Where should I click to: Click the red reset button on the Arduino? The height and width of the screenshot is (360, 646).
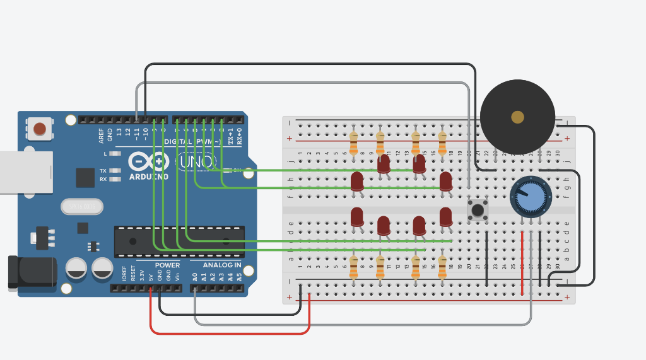[39, 129]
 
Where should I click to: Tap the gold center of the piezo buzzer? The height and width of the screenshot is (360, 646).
[517, 117]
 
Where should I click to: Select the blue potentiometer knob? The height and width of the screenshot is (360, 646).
[531, 197]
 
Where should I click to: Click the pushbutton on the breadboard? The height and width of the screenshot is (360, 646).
[478, 209]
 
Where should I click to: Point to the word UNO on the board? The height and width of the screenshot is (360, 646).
[196, 162]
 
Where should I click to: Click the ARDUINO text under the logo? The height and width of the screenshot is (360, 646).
[148, 177]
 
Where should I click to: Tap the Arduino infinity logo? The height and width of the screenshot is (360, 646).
[148, 162]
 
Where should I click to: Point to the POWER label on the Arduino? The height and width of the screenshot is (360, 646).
[167, 265]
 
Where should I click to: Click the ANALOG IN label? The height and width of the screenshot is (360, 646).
[221, 265]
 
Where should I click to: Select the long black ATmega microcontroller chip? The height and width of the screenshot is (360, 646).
[179, 241]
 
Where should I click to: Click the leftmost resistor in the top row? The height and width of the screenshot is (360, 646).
[353, 143]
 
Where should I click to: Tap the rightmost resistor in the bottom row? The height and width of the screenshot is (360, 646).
[442, 267]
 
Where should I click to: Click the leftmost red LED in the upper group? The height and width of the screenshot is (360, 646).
[357, 182]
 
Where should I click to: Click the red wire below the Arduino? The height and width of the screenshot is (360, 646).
[230, 332]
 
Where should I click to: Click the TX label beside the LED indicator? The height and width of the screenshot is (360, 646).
[102, 171]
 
